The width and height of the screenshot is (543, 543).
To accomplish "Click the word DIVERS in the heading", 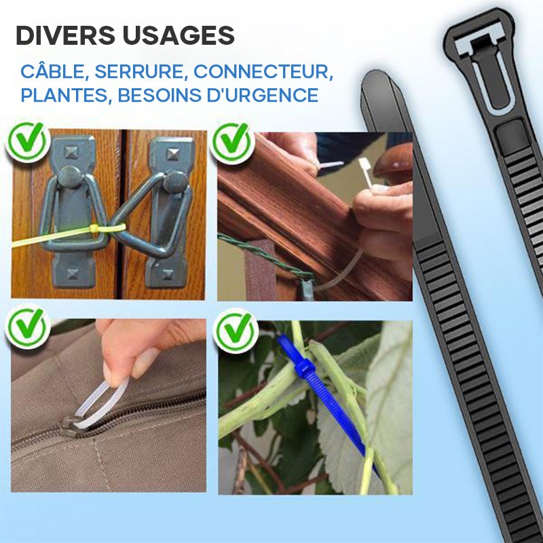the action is pyautogui.click(x=65, y=35).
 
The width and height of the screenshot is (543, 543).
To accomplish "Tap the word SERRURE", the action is pyautogui.click(x=139, y=72).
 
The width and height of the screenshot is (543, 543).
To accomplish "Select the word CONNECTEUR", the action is pyautogui.click(x=262, y=72).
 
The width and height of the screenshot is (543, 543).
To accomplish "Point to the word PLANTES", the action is pyautogui.click(x=64, y=95).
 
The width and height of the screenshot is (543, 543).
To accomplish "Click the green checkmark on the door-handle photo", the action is pyautogui.click(x=27, y=141).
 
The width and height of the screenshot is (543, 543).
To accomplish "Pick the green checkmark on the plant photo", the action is pyautogui.click(x=236, y=331).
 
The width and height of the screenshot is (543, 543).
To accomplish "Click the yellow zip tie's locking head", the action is pyautogui.click(x=94, y=229).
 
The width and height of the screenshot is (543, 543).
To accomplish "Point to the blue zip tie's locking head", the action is pyautogui.click(x=304, y=367).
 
